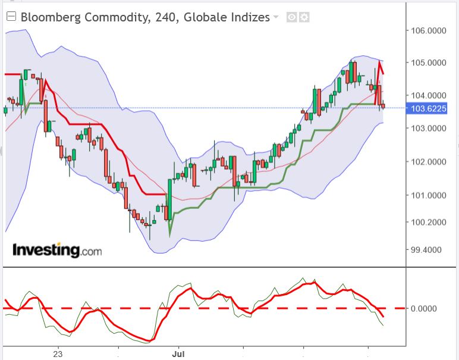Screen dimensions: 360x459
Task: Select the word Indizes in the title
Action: coord(249,17)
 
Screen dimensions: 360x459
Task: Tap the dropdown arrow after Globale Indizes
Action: coord(275,17)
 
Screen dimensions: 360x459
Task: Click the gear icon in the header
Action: coord(304,17)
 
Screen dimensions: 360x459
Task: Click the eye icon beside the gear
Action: coord(291,17)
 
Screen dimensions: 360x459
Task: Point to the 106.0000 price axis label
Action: coord(432,30)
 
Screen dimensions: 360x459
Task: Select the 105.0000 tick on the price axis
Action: coord(432,62)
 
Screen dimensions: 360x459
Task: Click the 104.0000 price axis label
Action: coord(432,95)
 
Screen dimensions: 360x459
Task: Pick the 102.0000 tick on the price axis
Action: coord(432,162)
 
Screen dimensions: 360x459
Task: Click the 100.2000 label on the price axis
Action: coord(432,223)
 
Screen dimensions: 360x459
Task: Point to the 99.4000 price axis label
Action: coord(432,250)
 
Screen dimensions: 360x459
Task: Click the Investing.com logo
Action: coord(57,250)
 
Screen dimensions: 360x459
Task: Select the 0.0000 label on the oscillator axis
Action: coord(429,308)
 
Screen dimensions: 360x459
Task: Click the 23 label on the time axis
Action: coord(58,353)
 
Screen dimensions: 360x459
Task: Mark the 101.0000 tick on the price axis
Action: coord(432,195)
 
